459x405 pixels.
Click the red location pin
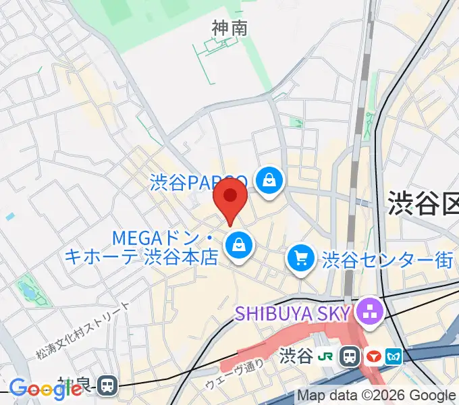tap(230, 198)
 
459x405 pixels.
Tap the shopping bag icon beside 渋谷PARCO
tap(269, 181)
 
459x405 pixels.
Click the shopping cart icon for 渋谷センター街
tap(300, 259)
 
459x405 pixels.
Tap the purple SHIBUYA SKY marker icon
tap(369, 312)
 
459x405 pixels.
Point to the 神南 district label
tap(230, 28)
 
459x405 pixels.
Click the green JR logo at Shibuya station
tap(327, 354)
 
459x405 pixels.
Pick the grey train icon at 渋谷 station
tap(350, 354)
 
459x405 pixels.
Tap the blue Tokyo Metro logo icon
tap(393, 354)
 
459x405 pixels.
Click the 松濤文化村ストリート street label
tap(83, 329)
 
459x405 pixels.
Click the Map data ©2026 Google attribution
tap(377, 396)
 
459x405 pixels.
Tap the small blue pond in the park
tap(27, 291)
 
